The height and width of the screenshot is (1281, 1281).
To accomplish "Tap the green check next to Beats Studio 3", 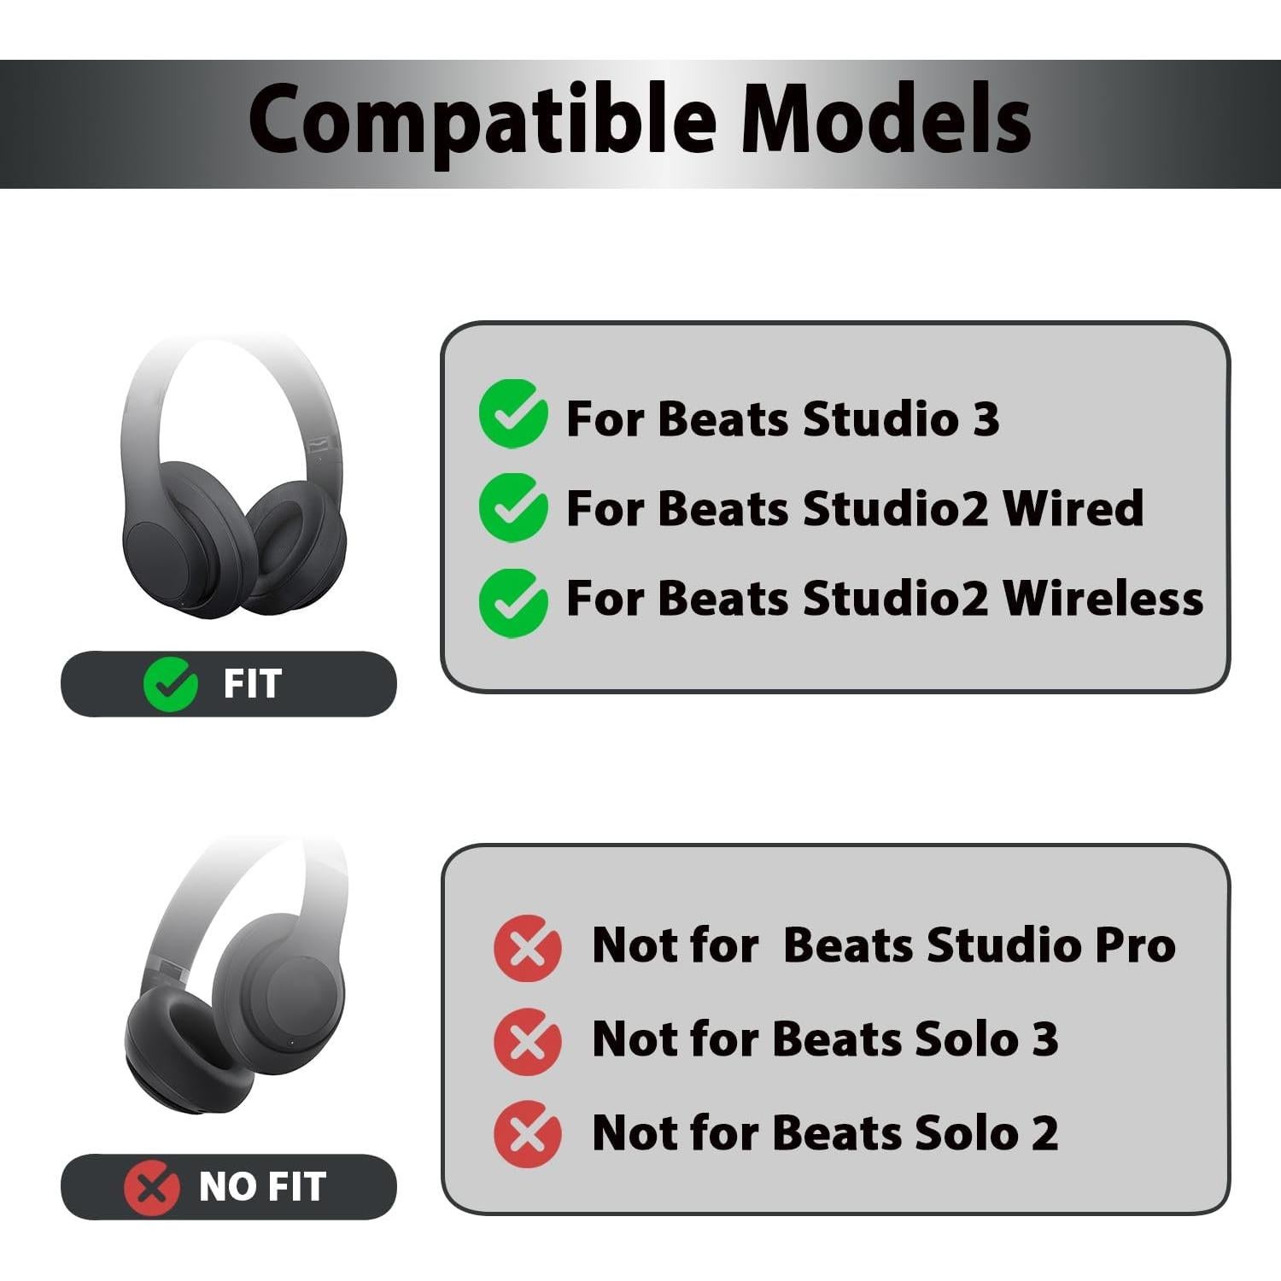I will tap(513, 414).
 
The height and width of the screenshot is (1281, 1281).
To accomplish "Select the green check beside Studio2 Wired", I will tap(513, 507).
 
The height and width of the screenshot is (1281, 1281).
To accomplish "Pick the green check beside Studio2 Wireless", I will tap(513, 601).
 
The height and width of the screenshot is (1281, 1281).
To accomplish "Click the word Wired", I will tap(1073, 508).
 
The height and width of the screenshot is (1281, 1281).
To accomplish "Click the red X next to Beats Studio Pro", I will tap(528, 947).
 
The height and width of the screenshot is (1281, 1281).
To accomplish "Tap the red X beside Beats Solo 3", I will tap(528, 1041).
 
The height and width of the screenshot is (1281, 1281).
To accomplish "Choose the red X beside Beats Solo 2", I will tap(528, 1134).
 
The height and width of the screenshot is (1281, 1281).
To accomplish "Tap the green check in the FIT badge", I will tap(171, 684).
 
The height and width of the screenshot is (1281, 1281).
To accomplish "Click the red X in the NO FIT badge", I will tap(151, 1187).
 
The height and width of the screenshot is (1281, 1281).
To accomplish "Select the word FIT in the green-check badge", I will tap(252, 684).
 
